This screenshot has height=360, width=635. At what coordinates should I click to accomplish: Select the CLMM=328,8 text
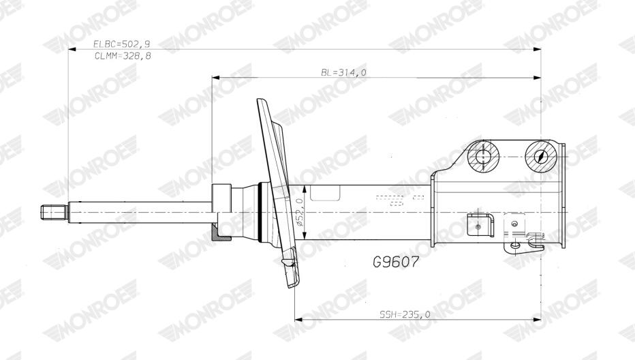tap(123, 56)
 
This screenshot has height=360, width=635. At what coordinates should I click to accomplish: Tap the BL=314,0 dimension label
tap(343, 72)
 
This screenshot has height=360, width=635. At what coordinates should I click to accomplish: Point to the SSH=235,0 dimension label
tap(405, 314)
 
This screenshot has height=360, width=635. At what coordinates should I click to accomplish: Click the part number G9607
tap(395, 262)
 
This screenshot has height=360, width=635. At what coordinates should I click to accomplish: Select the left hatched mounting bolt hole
tap(484, 157)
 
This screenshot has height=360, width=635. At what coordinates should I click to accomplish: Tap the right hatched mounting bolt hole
tap(542, 157)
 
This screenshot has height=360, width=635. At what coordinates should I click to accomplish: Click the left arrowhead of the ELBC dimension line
tap(72, 49)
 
